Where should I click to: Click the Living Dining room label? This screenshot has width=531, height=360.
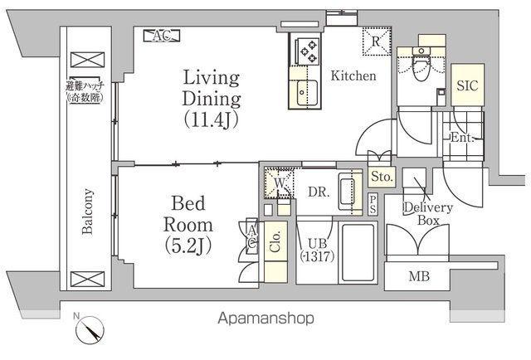[x=212, y=99]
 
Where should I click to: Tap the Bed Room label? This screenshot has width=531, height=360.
[x=188, y=225]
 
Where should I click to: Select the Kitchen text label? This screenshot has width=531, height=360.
[x=353, y=75]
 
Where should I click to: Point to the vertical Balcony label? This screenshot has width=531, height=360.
[x=87, y=212]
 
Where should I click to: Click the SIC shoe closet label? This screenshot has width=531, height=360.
[x=467, y=85]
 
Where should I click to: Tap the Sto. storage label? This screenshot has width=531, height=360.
[x=382, y=177]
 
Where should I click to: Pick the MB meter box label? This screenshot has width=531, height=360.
[x=419, y=276]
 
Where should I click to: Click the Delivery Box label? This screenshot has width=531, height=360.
[x=428, y=214]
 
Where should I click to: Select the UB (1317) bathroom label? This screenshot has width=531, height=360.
[x=317, y=250]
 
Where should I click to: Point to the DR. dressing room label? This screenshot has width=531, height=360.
[x=319, y=192]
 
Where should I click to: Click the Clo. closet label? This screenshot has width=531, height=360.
[x=275, y=242]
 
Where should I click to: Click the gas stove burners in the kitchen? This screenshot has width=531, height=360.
[x=308, y=51]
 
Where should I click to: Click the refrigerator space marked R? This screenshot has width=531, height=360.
[x=377, y=41]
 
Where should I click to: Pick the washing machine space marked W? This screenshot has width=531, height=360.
[x=279, y=183]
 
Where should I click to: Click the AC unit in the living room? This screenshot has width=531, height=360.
[x=162, y=36]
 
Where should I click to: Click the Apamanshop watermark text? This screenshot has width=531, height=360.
[x=265, y=319]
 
